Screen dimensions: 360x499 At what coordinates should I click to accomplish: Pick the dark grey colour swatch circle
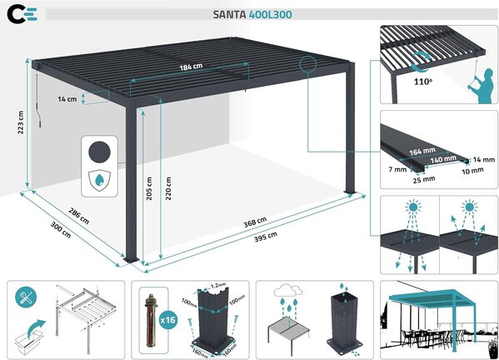[100, 152]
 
